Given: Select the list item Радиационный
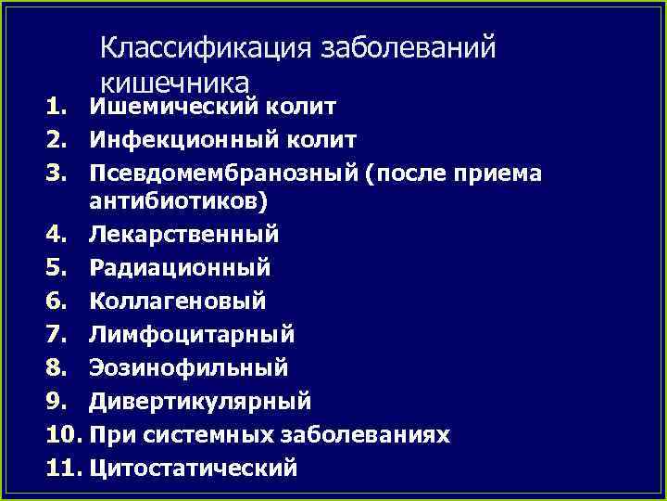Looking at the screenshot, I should [180, 268].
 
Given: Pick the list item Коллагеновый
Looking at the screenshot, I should [177, 301].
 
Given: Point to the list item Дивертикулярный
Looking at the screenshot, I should [200, 401].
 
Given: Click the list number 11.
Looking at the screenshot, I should [63, 468].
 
